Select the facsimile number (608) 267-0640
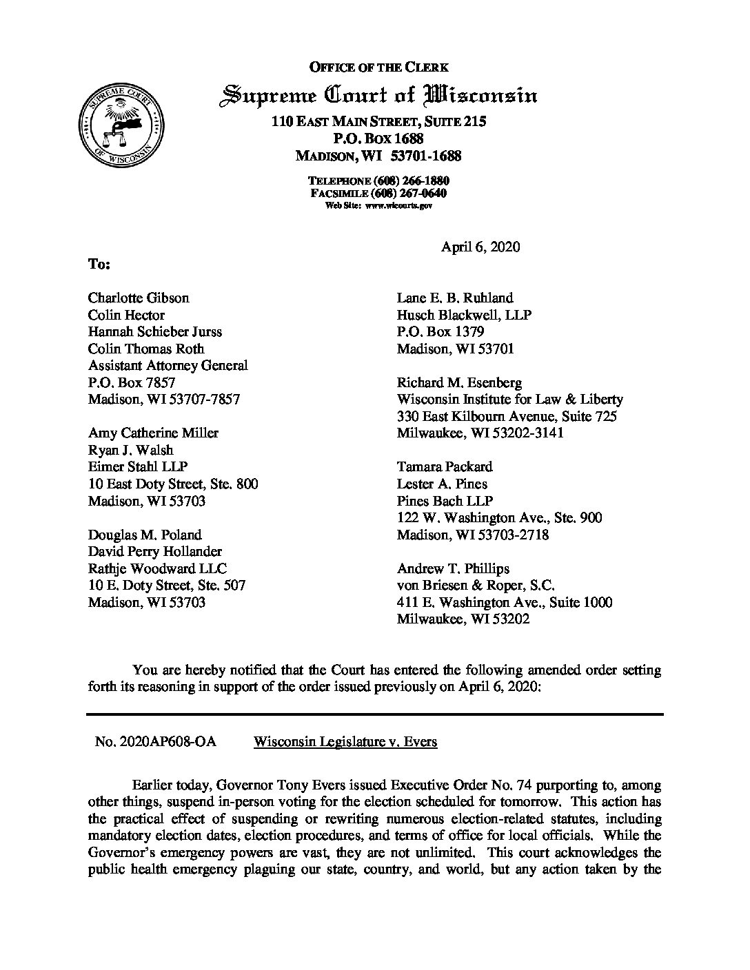click(x=409, y=193)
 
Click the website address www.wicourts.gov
click(x=398, y=205)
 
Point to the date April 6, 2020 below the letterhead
click(x=480, y=247)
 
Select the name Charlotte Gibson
click(x=139, y=298)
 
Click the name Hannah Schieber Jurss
click(x=155, y=331)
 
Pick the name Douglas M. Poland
click(x=145, y=535)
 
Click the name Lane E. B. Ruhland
click(x=455, y=298)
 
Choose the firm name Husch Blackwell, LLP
click(x=464, y=315)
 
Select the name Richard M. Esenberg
click(x=459, y=382)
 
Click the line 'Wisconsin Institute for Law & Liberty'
click(x=509, y=399)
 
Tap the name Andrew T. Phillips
click(x=453, y=568)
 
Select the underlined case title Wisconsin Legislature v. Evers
click(x=345, y=742)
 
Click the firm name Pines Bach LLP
click(x=445, y=501)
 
